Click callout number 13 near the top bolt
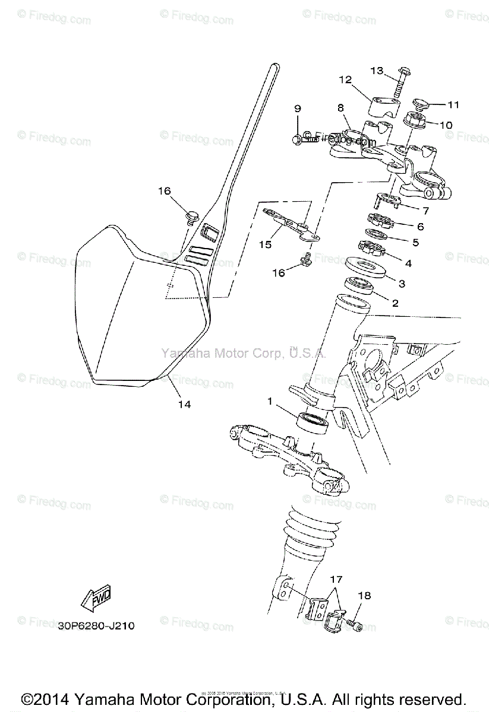coord(377,71)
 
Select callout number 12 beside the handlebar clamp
coord(345,80)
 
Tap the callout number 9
coord(298,109)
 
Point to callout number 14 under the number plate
coord(184,404)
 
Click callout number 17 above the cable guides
coord(337,579)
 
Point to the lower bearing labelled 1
coord(313,422)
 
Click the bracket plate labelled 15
coord(290,225)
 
